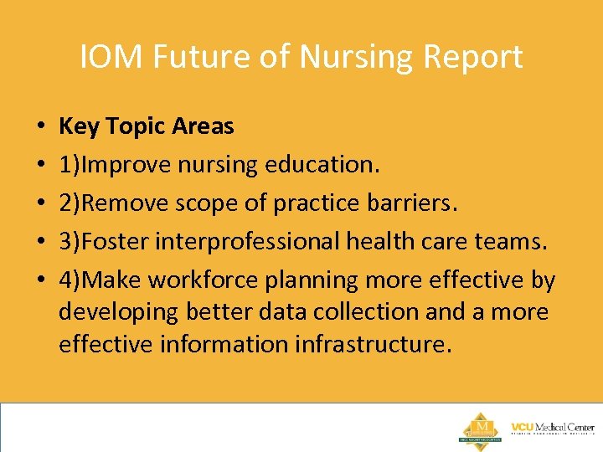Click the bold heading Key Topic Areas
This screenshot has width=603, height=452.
[147, 126]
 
